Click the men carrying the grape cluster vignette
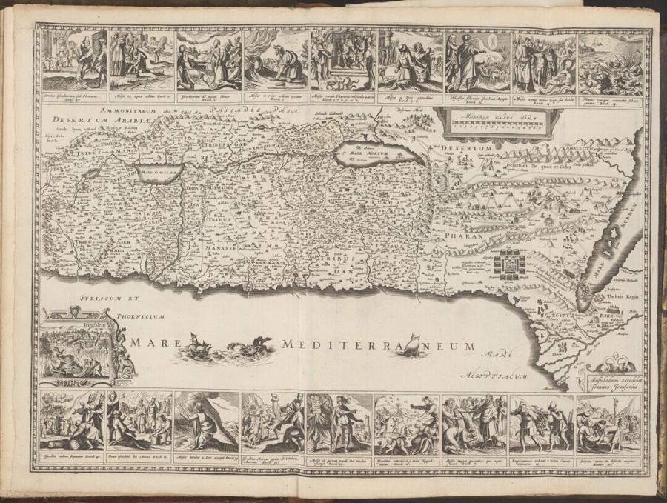coord(542,423)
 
